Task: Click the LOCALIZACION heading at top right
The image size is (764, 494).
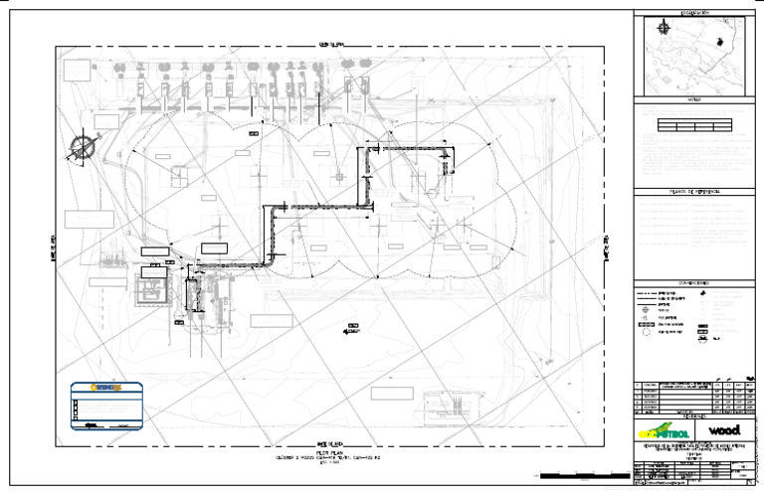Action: [694, 13]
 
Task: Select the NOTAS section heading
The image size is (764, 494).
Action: [694, 101]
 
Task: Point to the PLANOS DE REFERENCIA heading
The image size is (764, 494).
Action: [694, 191]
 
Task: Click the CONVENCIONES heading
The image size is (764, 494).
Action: [694, 283]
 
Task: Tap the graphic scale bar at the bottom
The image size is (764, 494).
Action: [572, 474]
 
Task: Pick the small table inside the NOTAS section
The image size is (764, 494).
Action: [694, 125]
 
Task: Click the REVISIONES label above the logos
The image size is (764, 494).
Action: [694, 415]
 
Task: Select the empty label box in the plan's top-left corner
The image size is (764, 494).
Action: [77, 70]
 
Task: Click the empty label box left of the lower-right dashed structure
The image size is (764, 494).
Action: [391, 393]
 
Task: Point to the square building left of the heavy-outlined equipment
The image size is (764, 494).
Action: [151, 292]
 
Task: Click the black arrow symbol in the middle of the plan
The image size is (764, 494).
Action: [353, 326]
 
